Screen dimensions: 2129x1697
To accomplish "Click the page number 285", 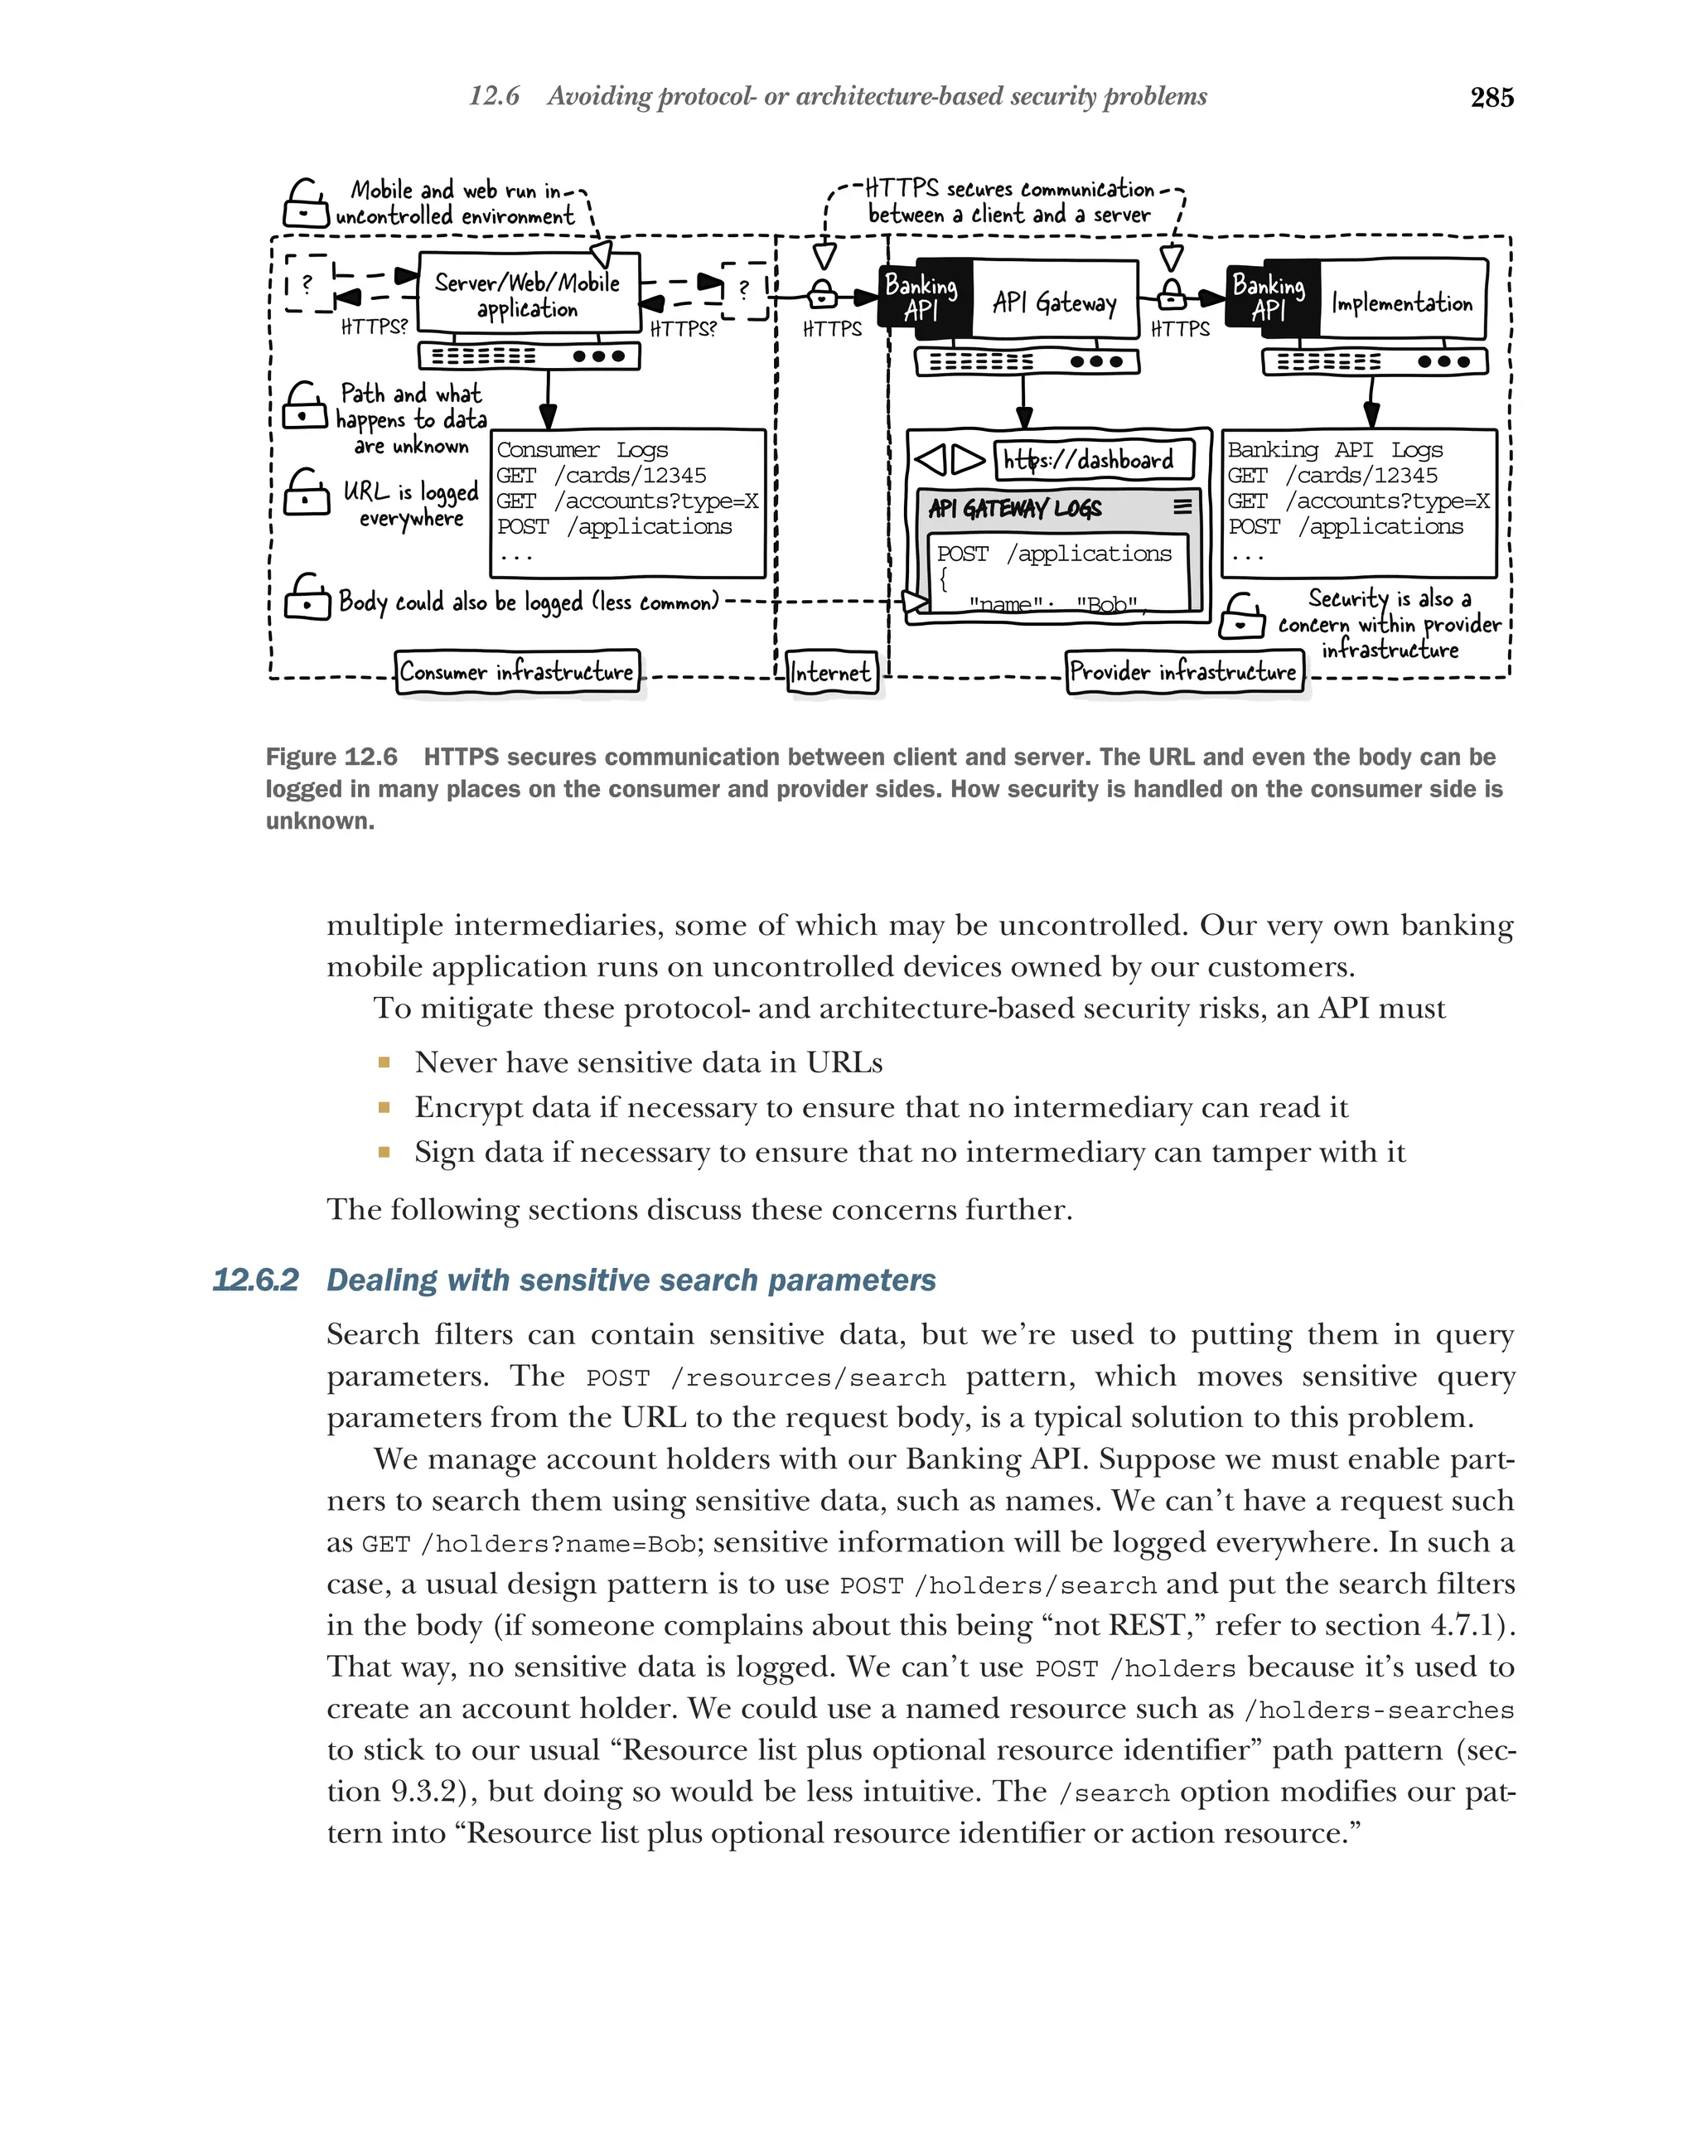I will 1491,97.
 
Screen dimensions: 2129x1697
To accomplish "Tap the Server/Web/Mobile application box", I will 528,294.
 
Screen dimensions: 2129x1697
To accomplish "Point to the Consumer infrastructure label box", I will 516,671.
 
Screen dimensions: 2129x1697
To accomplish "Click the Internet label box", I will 831,672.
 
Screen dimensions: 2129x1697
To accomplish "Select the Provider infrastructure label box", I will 1182,671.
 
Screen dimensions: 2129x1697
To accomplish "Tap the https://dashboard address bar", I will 1092,459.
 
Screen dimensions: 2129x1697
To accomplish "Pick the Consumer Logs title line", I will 582,449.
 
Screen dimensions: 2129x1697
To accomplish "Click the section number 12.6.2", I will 254,1280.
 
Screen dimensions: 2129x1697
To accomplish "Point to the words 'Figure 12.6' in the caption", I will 331,757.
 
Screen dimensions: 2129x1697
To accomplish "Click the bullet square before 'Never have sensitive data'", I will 384,1062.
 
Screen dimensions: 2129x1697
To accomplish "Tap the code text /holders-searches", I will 1378,1710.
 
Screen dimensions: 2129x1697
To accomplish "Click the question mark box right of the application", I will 744,289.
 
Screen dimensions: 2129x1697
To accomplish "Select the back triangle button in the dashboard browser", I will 931,459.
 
